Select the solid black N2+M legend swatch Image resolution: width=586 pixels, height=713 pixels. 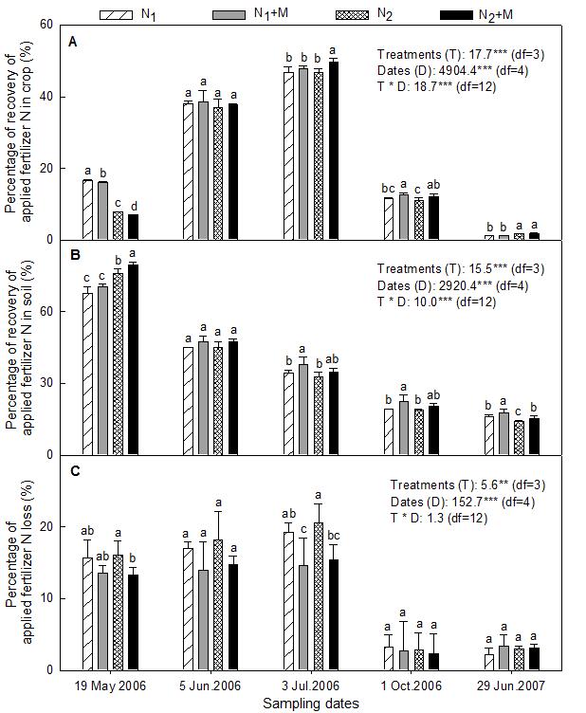(458, 14)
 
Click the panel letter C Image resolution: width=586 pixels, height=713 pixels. (73, 471)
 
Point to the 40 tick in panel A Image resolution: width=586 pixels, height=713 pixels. (49, 97)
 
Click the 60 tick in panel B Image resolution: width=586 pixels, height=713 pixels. (49, 312)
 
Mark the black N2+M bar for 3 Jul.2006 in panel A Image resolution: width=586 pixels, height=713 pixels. (333, 150)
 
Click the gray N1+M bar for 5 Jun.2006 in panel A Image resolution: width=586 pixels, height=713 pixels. (202, 171)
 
